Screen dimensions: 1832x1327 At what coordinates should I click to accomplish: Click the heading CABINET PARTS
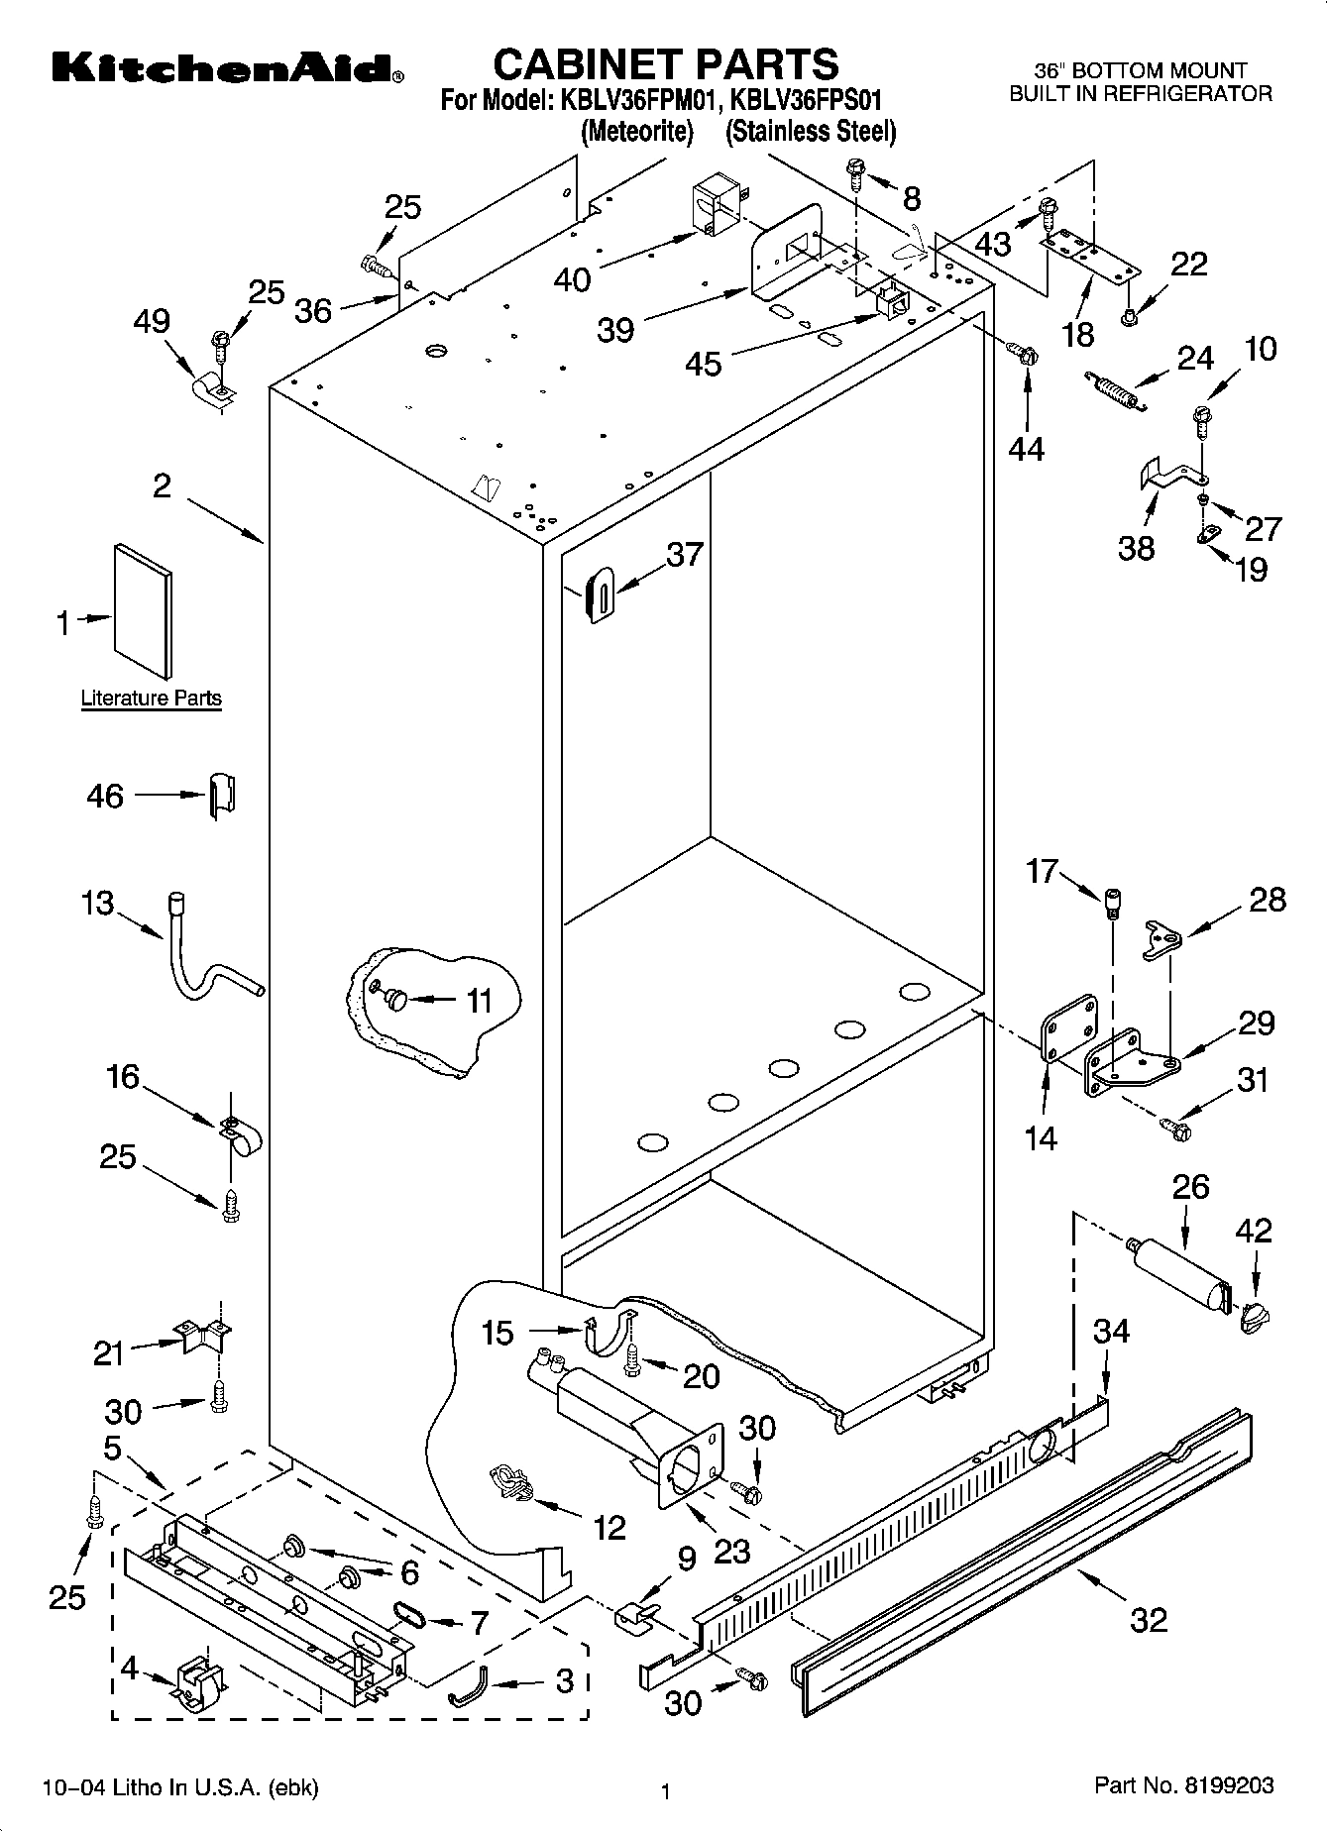point(665,64)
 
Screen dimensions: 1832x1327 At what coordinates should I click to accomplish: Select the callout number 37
point(684,555)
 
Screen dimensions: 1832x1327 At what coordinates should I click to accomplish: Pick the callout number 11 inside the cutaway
point(479,1001)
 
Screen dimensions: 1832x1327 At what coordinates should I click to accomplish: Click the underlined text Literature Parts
point(151,699)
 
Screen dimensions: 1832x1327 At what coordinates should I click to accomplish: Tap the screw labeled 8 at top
point(855,175)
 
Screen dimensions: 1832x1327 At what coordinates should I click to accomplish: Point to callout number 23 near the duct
point(731,1550)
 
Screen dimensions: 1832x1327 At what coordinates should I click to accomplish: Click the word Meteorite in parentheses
point(636,132)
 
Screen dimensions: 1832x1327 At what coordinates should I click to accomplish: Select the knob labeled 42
point(1254,1315)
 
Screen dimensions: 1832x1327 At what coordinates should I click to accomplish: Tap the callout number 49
point(152,321)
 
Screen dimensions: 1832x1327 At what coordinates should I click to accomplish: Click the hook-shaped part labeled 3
point(469,1684)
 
